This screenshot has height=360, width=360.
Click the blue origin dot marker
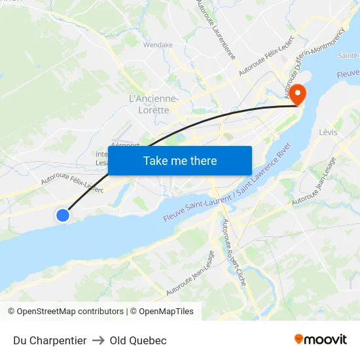pos(63,215)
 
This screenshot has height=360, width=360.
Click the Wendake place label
pos(158,45)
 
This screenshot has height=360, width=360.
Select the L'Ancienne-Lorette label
pos(154,104)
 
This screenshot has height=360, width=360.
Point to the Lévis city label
pos(328,132)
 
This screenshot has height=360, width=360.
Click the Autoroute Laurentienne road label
pos(215,29)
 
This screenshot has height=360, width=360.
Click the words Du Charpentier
pos(50,340)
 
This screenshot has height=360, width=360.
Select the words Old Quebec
pos(138,340)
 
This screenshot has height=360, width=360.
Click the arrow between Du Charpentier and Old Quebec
pos(98,340)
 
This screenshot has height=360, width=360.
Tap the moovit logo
pos(321,339)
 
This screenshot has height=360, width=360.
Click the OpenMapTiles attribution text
pos(166,312)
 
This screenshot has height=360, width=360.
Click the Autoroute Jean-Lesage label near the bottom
pos(190,272)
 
